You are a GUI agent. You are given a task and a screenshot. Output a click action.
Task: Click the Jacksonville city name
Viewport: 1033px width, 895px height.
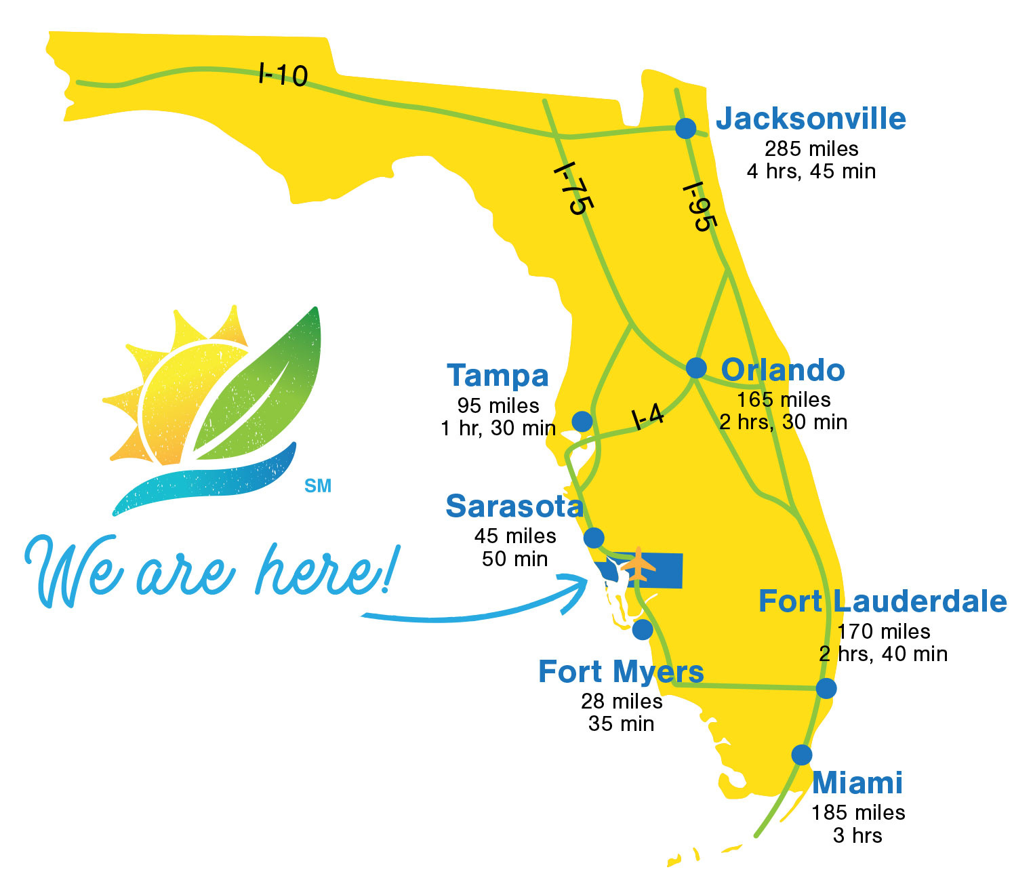(811, 119)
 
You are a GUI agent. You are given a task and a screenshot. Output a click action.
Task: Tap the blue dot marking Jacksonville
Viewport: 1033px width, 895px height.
(686, 127)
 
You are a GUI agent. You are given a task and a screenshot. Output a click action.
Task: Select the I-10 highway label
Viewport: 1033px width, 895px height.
(283, 74)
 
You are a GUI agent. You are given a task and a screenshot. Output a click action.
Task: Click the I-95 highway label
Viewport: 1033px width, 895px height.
(699, 207)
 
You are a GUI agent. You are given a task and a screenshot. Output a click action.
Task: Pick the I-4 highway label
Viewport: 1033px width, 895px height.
(647, 416)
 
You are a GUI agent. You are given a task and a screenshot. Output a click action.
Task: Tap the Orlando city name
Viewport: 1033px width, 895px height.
(783, 370)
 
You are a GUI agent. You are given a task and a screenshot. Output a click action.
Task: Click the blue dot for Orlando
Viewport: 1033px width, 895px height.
(696, 367)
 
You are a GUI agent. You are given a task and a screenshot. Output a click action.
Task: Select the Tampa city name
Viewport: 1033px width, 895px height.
(498, 376)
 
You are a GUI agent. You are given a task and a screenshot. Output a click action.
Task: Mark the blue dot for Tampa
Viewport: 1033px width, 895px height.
(582, 421)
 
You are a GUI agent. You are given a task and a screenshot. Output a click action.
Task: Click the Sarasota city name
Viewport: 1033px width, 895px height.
(514, 506)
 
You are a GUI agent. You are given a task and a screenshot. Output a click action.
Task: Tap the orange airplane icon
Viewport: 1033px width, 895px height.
(638, 564)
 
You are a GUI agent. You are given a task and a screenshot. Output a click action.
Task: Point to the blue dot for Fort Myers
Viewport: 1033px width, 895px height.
(643, 629)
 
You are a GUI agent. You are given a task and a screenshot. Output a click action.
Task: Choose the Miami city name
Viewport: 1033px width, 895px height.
(857, 782)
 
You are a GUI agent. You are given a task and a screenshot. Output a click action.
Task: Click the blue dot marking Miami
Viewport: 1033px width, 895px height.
(802, 755)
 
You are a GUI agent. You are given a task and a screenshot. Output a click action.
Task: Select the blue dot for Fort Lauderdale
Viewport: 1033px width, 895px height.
(826, 688)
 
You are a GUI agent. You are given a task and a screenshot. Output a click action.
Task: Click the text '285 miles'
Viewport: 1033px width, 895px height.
(811, 148)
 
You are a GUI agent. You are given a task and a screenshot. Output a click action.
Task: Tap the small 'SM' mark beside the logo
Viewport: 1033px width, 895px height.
(318, 486)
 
